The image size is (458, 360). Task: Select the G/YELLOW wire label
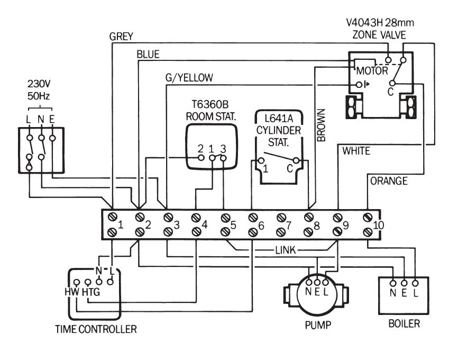pyautogui.click(x=189, y=77)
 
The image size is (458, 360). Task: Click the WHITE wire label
pyautogui.click(x=356, y=151)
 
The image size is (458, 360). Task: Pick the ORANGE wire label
pyautogui.click(x=389, y=181)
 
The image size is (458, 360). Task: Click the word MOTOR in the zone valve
pyautogui.click(x=372, y=70)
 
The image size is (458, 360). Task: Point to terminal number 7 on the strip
pyautogui.click(x=289, y=226)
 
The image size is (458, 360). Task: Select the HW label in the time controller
pyautogui.click(x=71, y=292)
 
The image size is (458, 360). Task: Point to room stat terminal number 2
pyautogui.click(x=200, y=148)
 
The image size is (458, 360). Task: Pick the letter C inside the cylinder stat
pyautogui.click(x=290, y=169)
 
